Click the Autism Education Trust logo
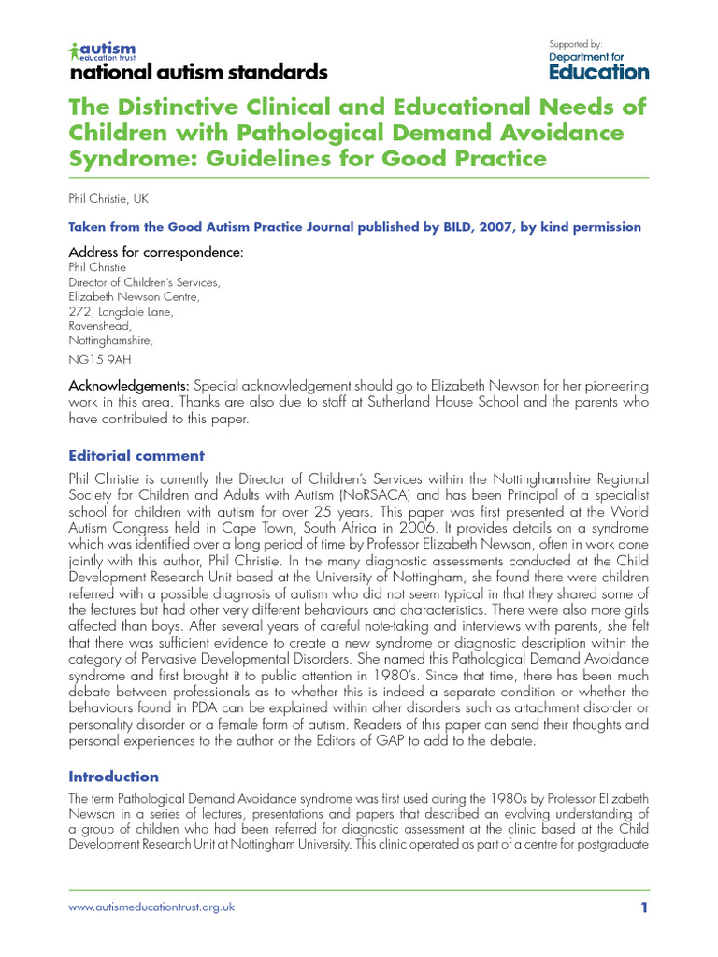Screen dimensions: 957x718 coord(103,50)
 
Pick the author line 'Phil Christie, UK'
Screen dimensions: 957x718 coord(110,199)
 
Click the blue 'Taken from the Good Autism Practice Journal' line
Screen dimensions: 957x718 coord(355,227)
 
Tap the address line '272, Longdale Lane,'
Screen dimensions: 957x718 coord(121,312)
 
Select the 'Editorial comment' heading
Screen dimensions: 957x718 coord(136,456)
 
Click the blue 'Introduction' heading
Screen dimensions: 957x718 coord(114,777)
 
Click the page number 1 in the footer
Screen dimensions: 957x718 coord(643,907)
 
